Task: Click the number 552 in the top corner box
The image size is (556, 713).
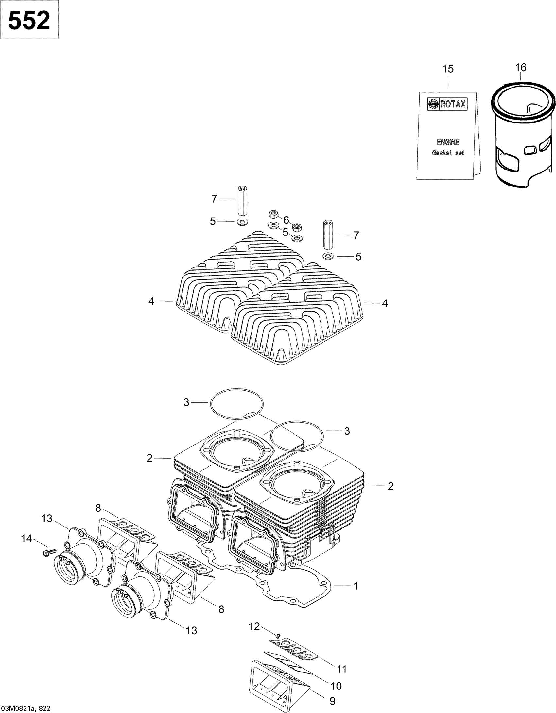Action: click(29, 20)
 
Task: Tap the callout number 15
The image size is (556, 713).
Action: click(448, 69)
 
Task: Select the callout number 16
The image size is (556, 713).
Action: click(521, 68)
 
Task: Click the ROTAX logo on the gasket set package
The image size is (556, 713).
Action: click(447, 104)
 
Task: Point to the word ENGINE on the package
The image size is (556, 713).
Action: click(448, 142)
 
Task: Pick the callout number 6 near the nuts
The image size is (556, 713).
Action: click(286, 220)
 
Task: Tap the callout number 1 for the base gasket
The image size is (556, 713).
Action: click(356, 586)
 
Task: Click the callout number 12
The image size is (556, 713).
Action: click(254, 626)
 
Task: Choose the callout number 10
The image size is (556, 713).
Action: click(336, 686)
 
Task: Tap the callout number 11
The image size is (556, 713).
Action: click(342, 669)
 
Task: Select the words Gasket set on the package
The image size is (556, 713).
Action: click(448, 153)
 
